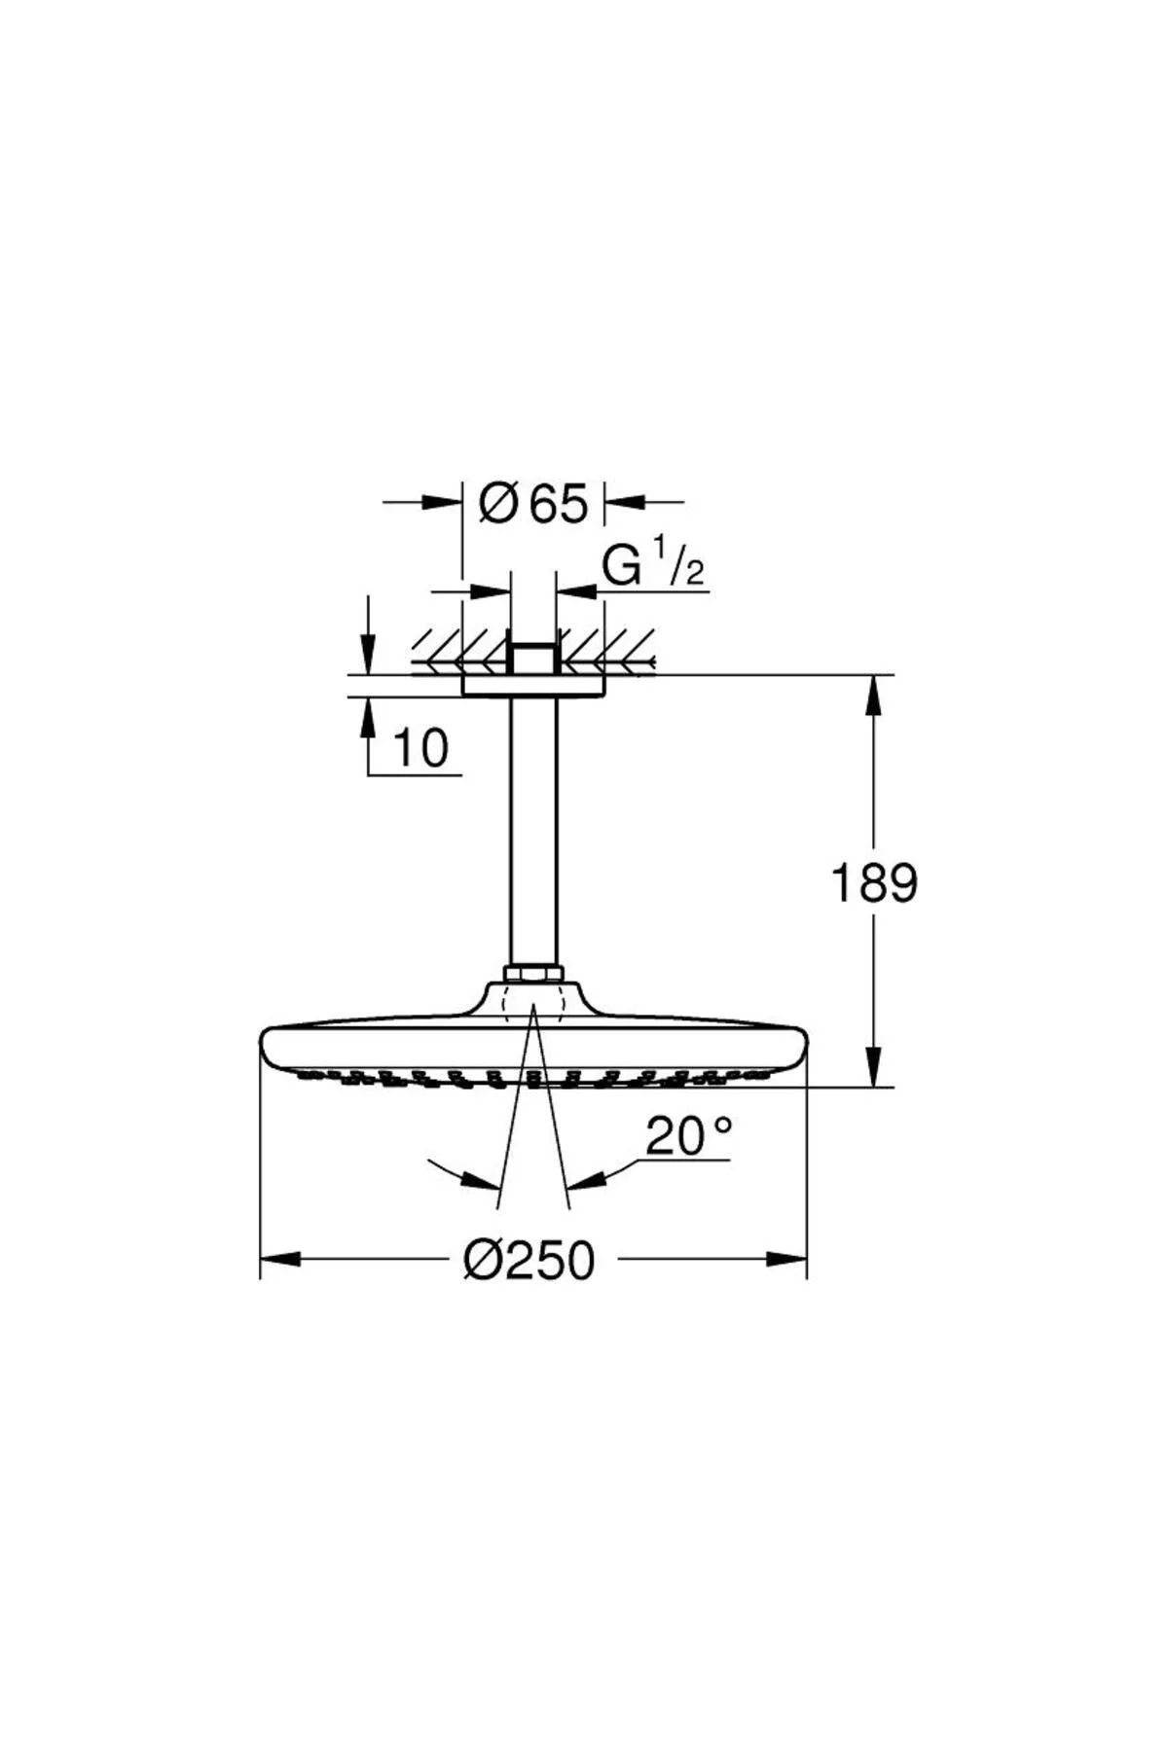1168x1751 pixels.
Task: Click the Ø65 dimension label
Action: [534, 504]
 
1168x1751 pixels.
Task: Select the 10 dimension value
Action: [420, 748]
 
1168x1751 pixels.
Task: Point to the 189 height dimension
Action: [873, 883]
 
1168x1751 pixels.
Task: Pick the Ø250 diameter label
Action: [529, 1260]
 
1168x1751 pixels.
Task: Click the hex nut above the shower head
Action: [533, 973]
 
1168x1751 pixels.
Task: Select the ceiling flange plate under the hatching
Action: [533, 685]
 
